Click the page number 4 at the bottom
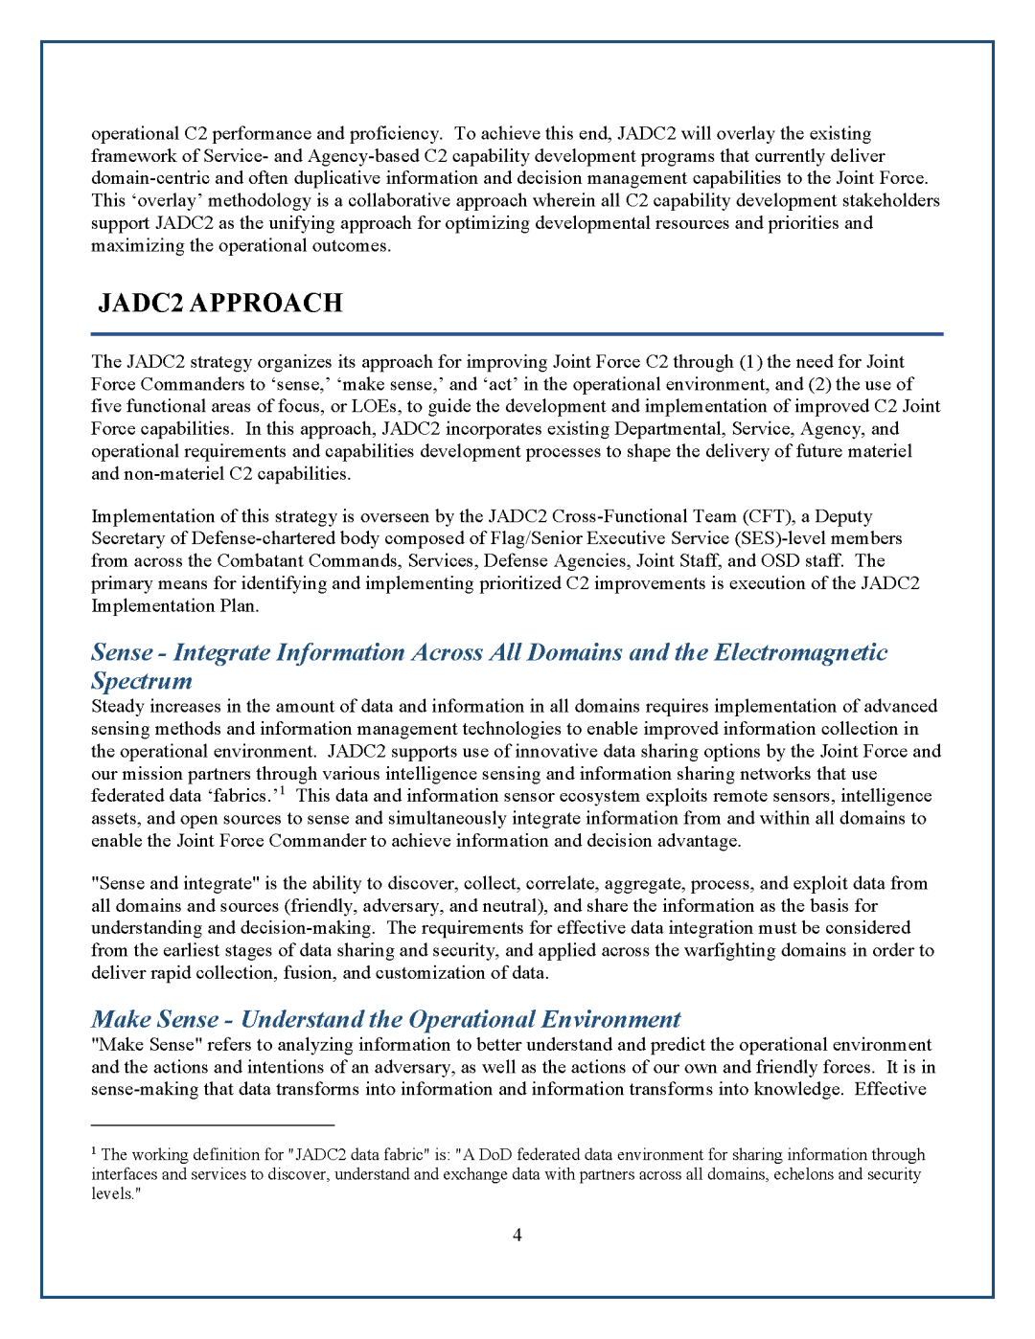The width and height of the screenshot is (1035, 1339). (517, 1236)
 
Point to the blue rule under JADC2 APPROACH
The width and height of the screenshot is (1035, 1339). (517, 334)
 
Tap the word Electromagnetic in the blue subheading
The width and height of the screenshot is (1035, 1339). (801, 653)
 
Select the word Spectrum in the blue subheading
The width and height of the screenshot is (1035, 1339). (142, 682)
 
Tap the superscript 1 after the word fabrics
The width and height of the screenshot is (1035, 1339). (283, 791)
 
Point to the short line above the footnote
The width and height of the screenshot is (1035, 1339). (213, 1123)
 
